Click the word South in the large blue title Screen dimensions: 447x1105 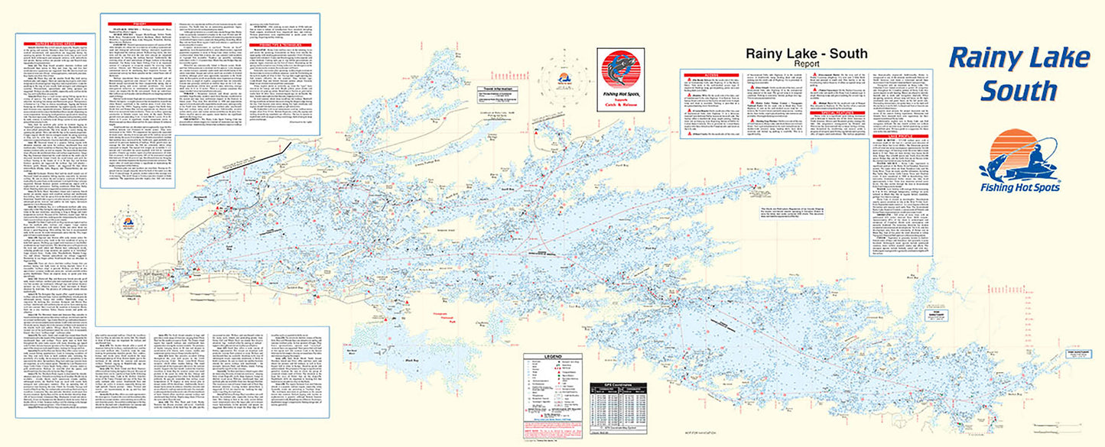[1019, 90]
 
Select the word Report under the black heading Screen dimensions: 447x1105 [796, 63]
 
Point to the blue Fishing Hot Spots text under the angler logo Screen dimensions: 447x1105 [1020, 193]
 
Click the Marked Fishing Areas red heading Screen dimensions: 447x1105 [57, 41]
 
